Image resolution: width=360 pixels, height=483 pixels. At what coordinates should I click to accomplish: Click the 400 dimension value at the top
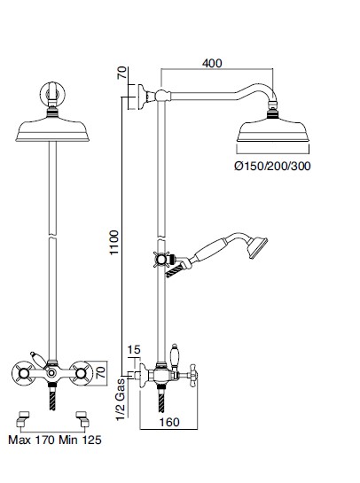(212, 64)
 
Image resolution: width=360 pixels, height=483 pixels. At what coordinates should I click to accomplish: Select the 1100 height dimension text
(114, 243)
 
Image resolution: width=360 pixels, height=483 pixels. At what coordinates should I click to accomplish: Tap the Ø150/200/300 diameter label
(272, 166)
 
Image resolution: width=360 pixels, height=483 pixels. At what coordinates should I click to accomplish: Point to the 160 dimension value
(169, 422)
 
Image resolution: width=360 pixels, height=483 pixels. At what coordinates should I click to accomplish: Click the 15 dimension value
(134, 350)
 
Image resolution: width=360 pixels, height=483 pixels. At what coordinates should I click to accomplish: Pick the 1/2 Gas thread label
(121, 399)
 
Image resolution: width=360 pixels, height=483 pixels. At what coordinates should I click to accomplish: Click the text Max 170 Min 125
(55, 440)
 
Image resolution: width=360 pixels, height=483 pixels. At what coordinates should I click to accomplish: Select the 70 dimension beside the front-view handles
(101, 372)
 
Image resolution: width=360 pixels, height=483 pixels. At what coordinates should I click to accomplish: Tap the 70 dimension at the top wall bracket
(122, 73)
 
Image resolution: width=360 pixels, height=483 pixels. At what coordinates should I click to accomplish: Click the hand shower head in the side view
(257, 247)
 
